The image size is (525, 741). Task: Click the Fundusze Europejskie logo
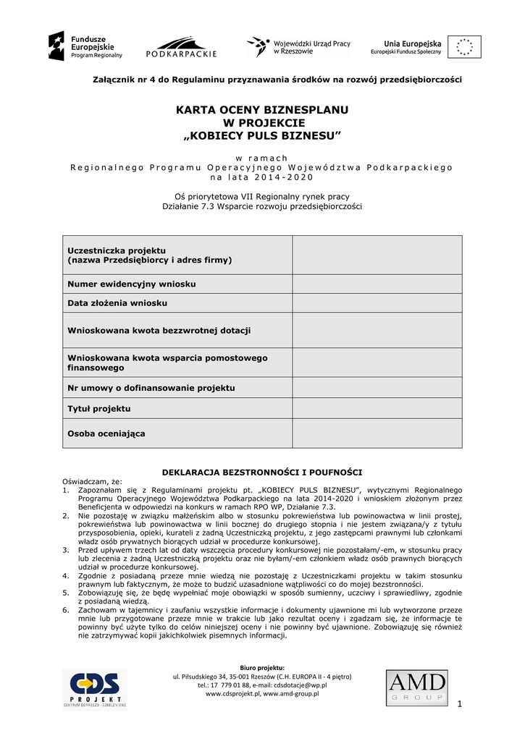(x=85, y=46)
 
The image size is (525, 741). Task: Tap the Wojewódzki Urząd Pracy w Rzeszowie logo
(x=298, y=47)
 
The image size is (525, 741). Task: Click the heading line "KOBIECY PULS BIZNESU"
(x=261, y=136)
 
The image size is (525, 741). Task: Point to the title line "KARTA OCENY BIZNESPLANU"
(x=262, y=110)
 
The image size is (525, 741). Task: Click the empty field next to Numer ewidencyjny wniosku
(x=377, y=284)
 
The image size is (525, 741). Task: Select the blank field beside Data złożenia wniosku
(x=377, y=302)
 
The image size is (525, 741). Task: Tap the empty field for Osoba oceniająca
(x=377, y=433)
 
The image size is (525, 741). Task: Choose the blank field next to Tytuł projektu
(x=377, y=408)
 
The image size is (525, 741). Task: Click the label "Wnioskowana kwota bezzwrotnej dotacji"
(x=159, y=330)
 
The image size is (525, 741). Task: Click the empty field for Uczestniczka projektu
(x=377, y=254)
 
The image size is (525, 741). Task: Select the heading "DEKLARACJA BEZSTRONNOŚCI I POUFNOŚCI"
(x=261, y=472)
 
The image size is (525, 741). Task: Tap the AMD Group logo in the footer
(x=416, y=687)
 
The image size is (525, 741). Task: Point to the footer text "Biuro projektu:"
(x=261, y=667)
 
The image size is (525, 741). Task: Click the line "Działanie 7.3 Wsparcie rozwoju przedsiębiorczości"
(x=261, y=206)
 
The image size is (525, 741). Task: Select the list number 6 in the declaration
(x=66, y=611)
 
